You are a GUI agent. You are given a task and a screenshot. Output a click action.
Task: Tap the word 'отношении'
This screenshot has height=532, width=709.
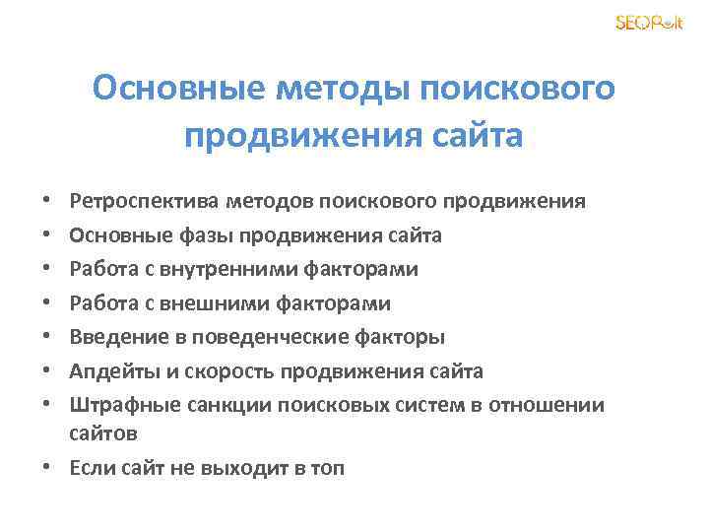pyautogui.click(x=555, y=405)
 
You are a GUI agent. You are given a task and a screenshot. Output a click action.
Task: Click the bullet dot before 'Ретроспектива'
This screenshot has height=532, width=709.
pyautogui.click(x=49, y=203)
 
